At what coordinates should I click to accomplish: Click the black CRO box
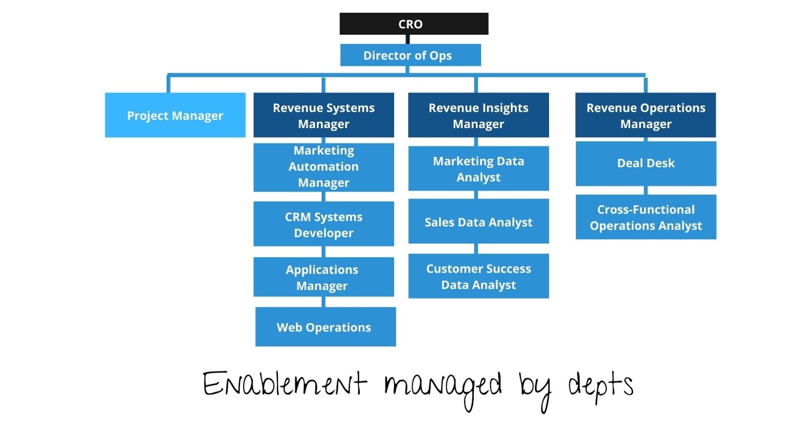pyautogui.click(x=414, y=24)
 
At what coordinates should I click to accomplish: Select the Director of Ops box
pyautogui.click(x=410, y=55)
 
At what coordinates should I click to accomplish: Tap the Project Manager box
pyautogui.click(x=175, y=115)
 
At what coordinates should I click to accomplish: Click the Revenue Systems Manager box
pyautogui.click(x=324, y=115)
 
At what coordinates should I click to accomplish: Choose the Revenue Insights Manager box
pyautogui.click(x=478, y=115)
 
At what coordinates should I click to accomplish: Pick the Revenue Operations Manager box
pyautogui.click(x=645, y=115)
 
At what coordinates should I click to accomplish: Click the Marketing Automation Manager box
pyautogui.click(x=324, y=167)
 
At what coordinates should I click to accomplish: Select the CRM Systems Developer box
pyautogui.click(x=324, y=224)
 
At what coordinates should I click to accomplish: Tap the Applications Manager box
pyautogui.click(x=324, y=277)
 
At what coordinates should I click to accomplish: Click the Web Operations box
pyautogui.click(x=325, y=327)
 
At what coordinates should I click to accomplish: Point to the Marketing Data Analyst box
pyautogui.click(x=478, y=168)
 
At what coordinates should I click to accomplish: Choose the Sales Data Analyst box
pyautogui.click(x=478, y=221)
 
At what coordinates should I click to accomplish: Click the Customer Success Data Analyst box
pyautogui.click(x=478, y=276)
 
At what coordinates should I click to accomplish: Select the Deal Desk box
pyautogui.click(x=645, y=163)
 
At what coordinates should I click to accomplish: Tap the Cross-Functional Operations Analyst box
pyautogui.click(x=645, y=217)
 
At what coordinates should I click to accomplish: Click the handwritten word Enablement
pyautogui.click(x=284, y=384)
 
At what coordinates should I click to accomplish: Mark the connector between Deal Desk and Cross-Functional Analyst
pyautogui.click(x=646, y=191)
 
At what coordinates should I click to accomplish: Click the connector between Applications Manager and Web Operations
pyautogui.click(x=324, y=302)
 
